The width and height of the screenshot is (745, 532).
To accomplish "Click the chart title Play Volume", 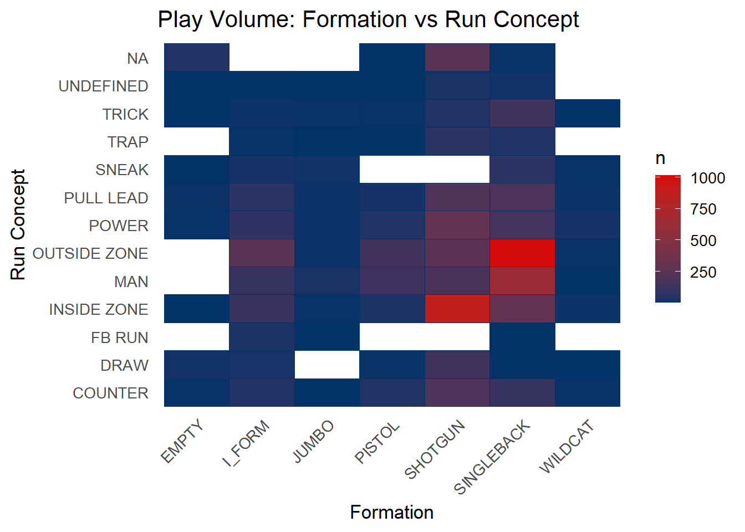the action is coord(369,19).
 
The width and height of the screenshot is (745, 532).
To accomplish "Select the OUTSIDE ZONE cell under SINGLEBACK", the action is coord(522,253).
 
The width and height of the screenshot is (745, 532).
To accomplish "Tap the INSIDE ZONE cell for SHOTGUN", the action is coord(457,309).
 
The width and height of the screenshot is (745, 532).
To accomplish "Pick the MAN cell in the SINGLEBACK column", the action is coord(522,281).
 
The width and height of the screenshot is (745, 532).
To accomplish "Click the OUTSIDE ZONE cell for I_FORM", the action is coord(262,253).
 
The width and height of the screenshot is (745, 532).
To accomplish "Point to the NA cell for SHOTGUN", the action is coord(457,57).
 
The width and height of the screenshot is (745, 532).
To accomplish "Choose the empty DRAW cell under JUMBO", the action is coord(327,365).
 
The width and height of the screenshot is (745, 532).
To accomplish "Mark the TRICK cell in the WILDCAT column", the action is coord(588,113).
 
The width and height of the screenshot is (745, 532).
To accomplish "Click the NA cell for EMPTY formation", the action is coord(197,57).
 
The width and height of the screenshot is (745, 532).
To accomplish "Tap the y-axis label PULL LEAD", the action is coord(106,198).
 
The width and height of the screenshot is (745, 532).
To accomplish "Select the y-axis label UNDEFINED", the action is coord(104,86).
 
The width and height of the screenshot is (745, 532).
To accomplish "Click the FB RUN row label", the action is coord(120,338).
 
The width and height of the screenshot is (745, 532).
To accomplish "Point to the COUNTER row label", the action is coord(111,393).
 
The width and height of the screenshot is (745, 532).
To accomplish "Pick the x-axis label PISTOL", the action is coord(377,442).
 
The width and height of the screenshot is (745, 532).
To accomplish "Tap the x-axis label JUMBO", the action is coord(313,442).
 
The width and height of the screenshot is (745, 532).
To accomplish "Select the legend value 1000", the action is coord(708,178).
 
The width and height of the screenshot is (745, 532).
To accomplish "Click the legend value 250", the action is coord(703,272).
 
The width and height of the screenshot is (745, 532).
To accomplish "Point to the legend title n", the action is coord(660,158).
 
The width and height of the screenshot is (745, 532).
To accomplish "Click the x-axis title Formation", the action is coord(392,512).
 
